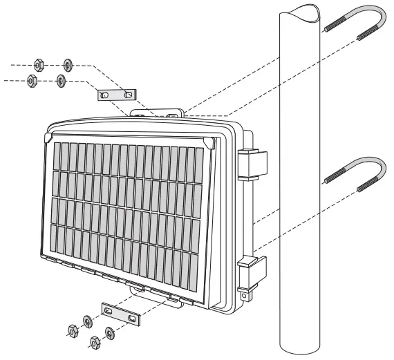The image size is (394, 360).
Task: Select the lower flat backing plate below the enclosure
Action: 120,314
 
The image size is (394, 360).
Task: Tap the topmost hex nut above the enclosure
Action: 40,64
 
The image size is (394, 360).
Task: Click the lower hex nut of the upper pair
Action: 32,81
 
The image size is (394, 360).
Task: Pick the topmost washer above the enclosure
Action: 68,65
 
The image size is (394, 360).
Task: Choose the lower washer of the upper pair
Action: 61,82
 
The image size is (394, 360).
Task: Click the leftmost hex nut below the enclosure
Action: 71,330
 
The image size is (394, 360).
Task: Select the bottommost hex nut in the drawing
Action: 95,341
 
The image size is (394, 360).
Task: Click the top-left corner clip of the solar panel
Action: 47,138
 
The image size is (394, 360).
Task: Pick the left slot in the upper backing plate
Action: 104,95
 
